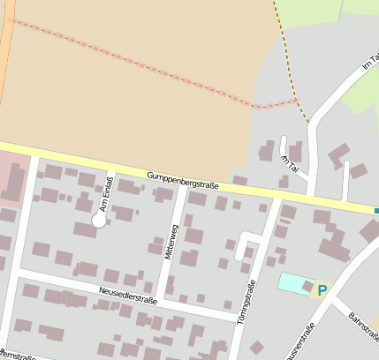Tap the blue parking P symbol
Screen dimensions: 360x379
(322, 289)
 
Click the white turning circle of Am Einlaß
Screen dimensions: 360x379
(99, 221)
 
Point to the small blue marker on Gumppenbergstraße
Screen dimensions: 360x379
(376, 211)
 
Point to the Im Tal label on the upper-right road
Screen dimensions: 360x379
(369, 63)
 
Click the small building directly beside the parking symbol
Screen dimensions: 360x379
(307, 286)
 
